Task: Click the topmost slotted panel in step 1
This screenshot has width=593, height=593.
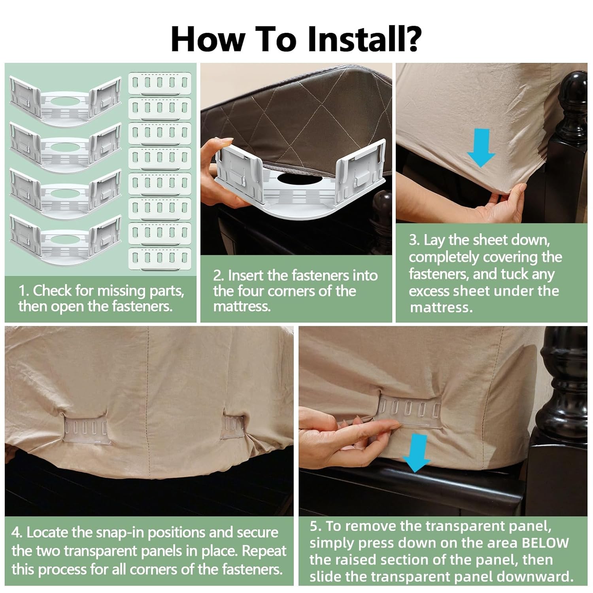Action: point(160,84)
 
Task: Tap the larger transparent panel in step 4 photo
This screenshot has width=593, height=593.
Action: point(85,428)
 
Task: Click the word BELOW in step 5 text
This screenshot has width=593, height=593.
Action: point(545,543)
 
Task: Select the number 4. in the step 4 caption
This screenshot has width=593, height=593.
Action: point(17,532)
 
